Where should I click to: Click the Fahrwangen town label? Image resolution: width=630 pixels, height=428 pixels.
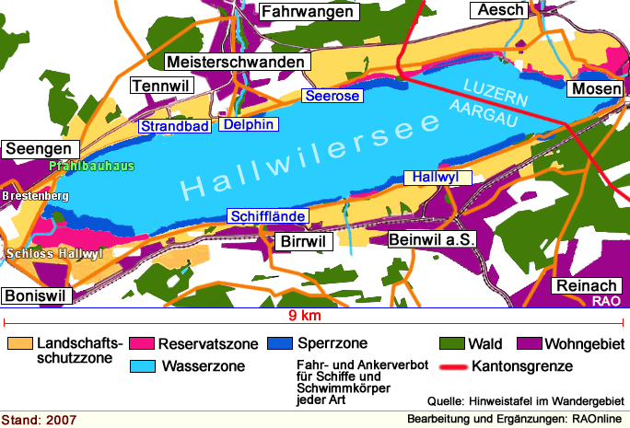308,12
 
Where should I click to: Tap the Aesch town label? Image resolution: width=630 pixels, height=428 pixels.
499,10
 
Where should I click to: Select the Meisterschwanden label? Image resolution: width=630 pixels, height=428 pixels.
236,62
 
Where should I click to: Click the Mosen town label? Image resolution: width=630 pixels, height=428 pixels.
596,88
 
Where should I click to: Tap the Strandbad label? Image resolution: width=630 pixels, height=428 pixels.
175,125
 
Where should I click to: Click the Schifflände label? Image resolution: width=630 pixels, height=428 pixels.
268,215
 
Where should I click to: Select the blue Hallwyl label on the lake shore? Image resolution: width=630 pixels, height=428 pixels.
437,177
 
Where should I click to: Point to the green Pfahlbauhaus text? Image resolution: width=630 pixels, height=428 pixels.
91,167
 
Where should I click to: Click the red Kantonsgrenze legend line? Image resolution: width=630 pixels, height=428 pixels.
450,366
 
